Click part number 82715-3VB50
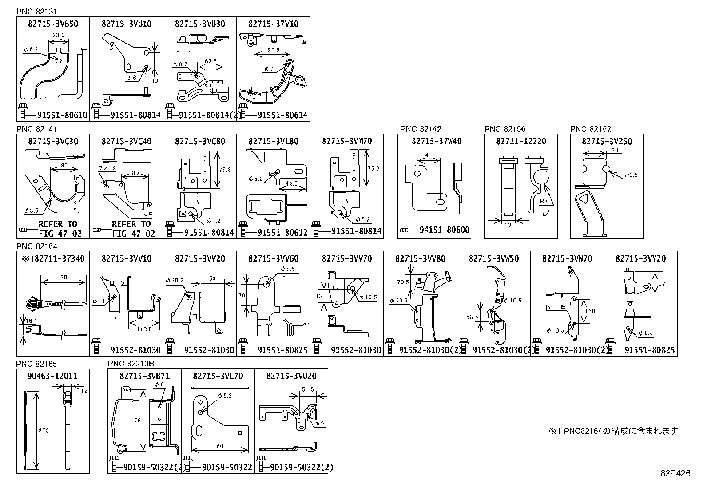coord(53,24)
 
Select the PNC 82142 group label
coord(421,129)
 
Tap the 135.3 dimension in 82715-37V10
coord(271,51)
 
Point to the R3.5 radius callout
coord(631,175)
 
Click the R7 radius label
coord(544,201)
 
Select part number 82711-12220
coord(521,141)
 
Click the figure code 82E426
coord(675,473)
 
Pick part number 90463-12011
coord(53,376)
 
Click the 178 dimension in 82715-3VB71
coord(136,420)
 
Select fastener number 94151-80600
coord(445,230)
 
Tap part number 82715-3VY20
coord(640,258)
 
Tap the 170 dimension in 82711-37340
coord(62,278)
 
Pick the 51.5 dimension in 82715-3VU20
coord(307,389)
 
